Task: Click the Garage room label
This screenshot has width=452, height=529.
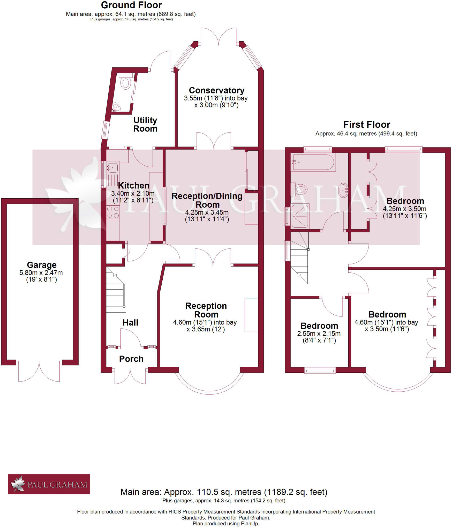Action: (x=42, y=265)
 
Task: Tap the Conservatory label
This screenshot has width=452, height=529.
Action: (x=216, y=90)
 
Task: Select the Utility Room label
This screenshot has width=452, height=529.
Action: (x=145, y=124)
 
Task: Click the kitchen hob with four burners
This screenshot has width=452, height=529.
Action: (x=113, y=212)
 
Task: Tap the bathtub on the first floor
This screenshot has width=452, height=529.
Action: (x=313, y=162)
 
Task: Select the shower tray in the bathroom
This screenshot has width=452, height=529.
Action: (x=300, y=216)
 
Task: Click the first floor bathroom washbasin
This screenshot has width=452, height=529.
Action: (x=343, y=190)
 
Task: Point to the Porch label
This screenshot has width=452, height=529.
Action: (x=131, y=359)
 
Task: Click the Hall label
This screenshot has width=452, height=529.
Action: (x=130, y=322)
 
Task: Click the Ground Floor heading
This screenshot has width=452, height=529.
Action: (x=131, y=5)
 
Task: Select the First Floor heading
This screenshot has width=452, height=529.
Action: (x=366, y=125)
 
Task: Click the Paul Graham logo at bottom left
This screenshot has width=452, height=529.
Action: (x=49, y=484)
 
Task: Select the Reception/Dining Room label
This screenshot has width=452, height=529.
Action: (x=207, y=200)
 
